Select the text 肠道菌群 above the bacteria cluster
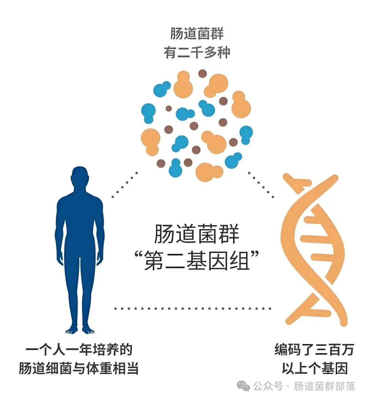click(x=197, y=34)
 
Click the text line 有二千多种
click(x=197, y=53)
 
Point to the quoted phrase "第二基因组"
click(x=197, y=262)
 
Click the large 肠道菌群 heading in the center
click(x=197, y=234)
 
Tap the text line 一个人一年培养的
click(x=78, y=350)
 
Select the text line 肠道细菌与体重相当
click(x=78, y=368)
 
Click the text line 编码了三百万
click(x=314, y=350)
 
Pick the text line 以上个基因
click(x=314, y=368)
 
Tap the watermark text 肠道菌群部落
click(x=324, y=386)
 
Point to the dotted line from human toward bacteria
click(x=125, y=185)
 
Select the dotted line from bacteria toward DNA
click(x=261, y=185)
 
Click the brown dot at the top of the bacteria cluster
click(x=203, y=73)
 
